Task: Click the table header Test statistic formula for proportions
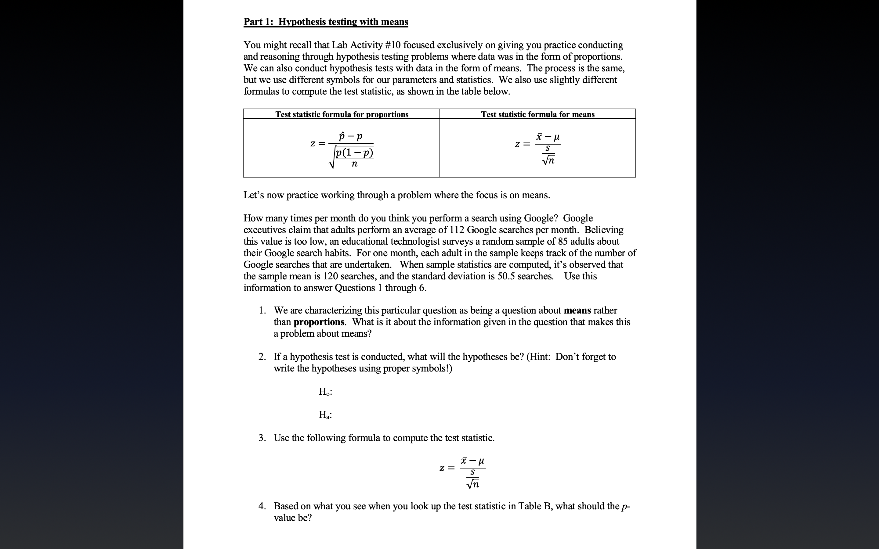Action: point(342,114)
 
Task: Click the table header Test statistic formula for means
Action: point(537,114)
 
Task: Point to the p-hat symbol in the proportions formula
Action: point(342,137)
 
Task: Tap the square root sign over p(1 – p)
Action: point(332,160)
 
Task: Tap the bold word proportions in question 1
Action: point(319,322)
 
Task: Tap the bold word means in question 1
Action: point(577,310)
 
